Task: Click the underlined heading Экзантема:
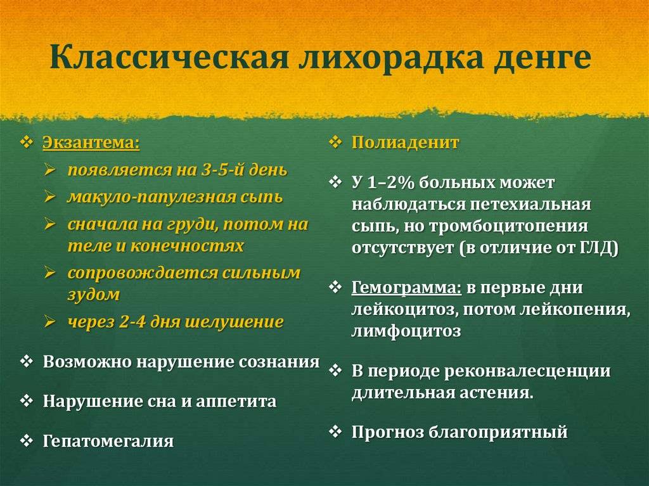91,143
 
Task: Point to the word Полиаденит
405,143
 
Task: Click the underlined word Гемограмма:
406,288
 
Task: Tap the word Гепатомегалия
108,441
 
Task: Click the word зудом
94,295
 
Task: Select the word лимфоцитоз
406,331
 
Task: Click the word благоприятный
498,432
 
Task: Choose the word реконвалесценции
527,371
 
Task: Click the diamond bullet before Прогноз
335,432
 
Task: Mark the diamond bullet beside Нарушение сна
27,400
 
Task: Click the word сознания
280,362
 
